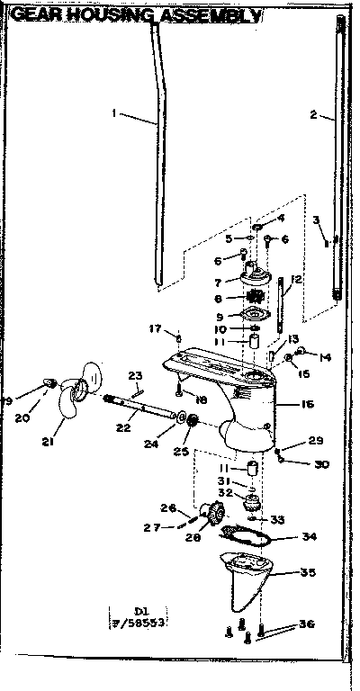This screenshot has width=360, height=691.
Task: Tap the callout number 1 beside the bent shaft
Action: point(115,112)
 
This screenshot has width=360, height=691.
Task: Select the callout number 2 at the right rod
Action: point(312,114)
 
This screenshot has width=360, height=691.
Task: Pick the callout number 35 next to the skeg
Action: point(308,571)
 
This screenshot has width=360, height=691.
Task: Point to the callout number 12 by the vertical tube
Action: point(296,280)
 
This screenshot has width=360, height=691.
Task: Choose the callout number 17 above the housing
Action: point(153,328)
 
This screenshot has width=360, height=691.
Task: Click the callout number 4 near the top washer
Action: point(281,218)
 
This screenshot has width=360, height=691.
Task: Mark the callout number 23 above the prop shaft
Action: point(135,375)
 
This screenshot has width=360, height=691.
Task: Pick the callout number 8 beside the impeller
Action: point(218,297)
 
